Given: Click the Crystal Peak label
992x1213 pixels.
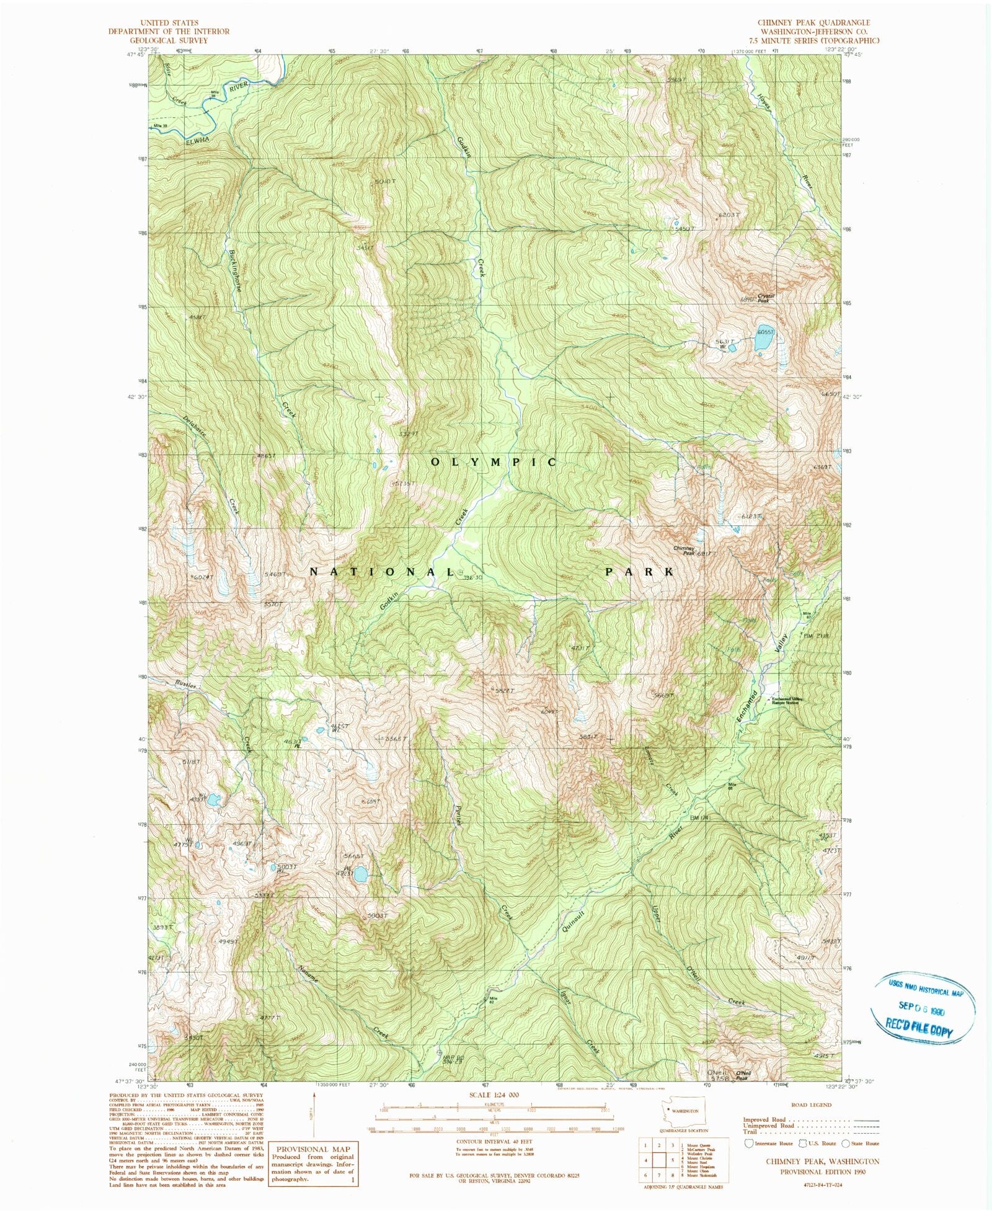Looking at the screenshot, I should pos(766,298).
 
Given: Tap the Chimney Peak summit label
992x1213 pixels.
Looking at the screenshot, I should pos(685,551).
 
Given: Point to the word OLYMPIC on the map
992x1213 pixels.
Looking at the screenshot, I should pos(494,463).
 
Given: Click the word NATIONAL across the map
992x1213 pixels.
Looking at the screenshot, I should pos(383,572).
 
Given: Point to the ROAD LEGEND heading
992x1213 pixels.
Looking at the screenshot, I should pos(811,1104).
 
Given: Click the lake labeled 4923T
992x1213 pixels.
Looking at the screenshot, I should pos(360,874).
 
